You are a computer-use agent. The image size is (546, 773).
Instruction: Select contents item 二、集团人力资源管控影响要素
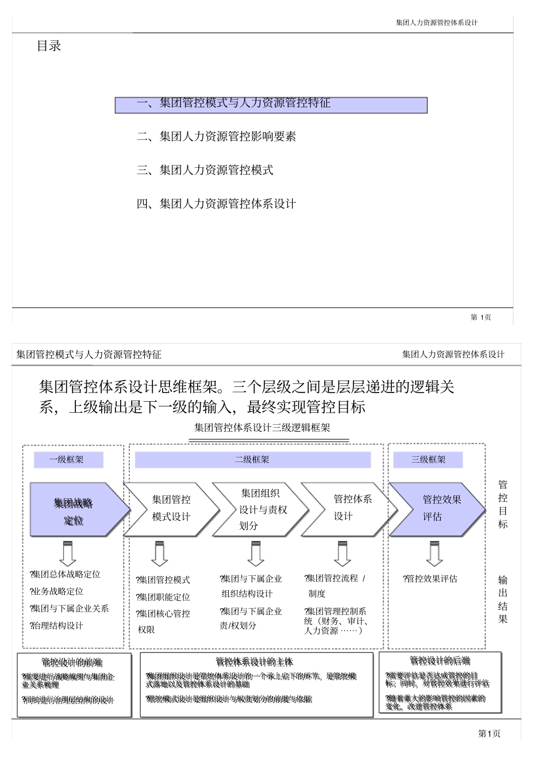pos(216,137)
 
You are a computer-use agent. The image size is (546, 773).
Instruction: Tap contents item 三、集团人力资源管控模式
pos(205,170)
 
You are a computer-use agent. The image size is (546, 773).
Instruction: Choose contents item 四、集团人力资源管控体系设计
pos(216,204)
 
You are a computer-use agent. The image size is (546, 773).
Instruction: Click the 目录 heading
pos(49,46)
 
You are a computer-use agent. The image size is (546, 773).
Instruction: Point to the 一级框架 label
pos(68,460)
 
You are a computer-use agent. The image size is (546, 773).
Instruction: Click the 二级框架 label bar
pos(252,460)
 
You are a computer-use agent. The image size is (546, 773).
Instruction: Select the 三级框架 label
pos(428,460)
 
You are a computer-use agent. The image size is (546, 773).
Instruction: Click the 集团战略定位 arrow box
pos(75,511)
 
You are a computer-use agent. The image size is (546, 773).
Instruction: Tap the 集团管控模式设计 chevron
pos(171,509)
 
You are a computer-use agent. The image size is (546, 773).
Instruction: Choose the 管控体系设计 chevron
pos(348,508)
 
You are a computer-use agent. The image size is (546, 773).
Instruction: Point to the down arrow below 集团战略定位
pos(68,553)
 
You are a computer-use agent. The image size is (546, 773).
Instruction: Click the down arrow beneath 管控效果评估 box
pos(435,553)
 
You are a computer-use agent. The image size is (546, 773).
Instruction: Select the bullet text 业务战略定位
pos(57,591)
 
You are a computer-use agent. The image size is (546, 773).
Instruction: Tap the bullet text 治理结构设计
pos(57,626)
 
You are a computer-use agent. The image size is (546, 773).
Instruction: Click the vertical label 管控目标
pos(503,505)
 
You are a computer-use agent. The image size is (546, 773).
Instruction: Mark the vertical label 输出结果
pos(503,599)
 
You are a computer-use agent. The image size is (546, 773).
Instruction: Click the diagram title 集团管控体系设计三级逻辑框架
pos(262,428)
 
